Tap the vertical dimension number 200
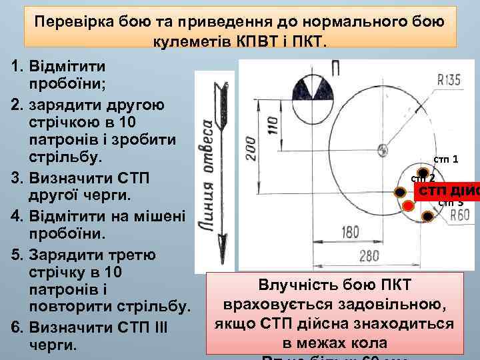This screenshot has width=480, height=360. coord(249,148)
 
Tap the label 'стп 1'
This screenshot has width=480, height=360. coord(445,159)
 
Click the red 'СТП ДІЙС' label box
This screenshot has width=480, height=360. coord(447,191)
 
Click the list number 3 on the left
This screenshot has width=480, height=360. coord(17,179)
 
